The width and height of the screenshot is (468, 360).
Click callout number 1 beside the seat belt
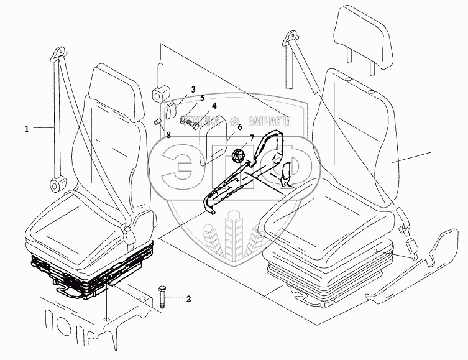[27, 129]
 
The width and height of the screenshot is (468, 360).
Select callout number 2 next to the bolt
[188, 299]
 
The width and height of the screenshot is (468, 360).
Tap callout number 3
[193, 91]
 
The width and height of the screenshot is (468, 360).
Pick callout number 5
[201, 98]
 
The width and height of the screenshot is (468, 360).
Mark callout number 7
[252, 137]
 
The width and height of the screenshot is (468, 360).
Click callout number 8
[168, 134]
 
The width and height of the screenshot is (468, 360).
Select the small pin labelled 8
[158, 121]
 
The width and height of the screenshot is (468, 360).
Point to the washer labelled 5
[184, 119]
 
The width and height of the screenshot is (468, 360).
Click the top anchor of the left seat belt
[60, 52]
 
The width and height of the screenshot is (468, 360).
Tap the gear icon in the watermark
[234, 122]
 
